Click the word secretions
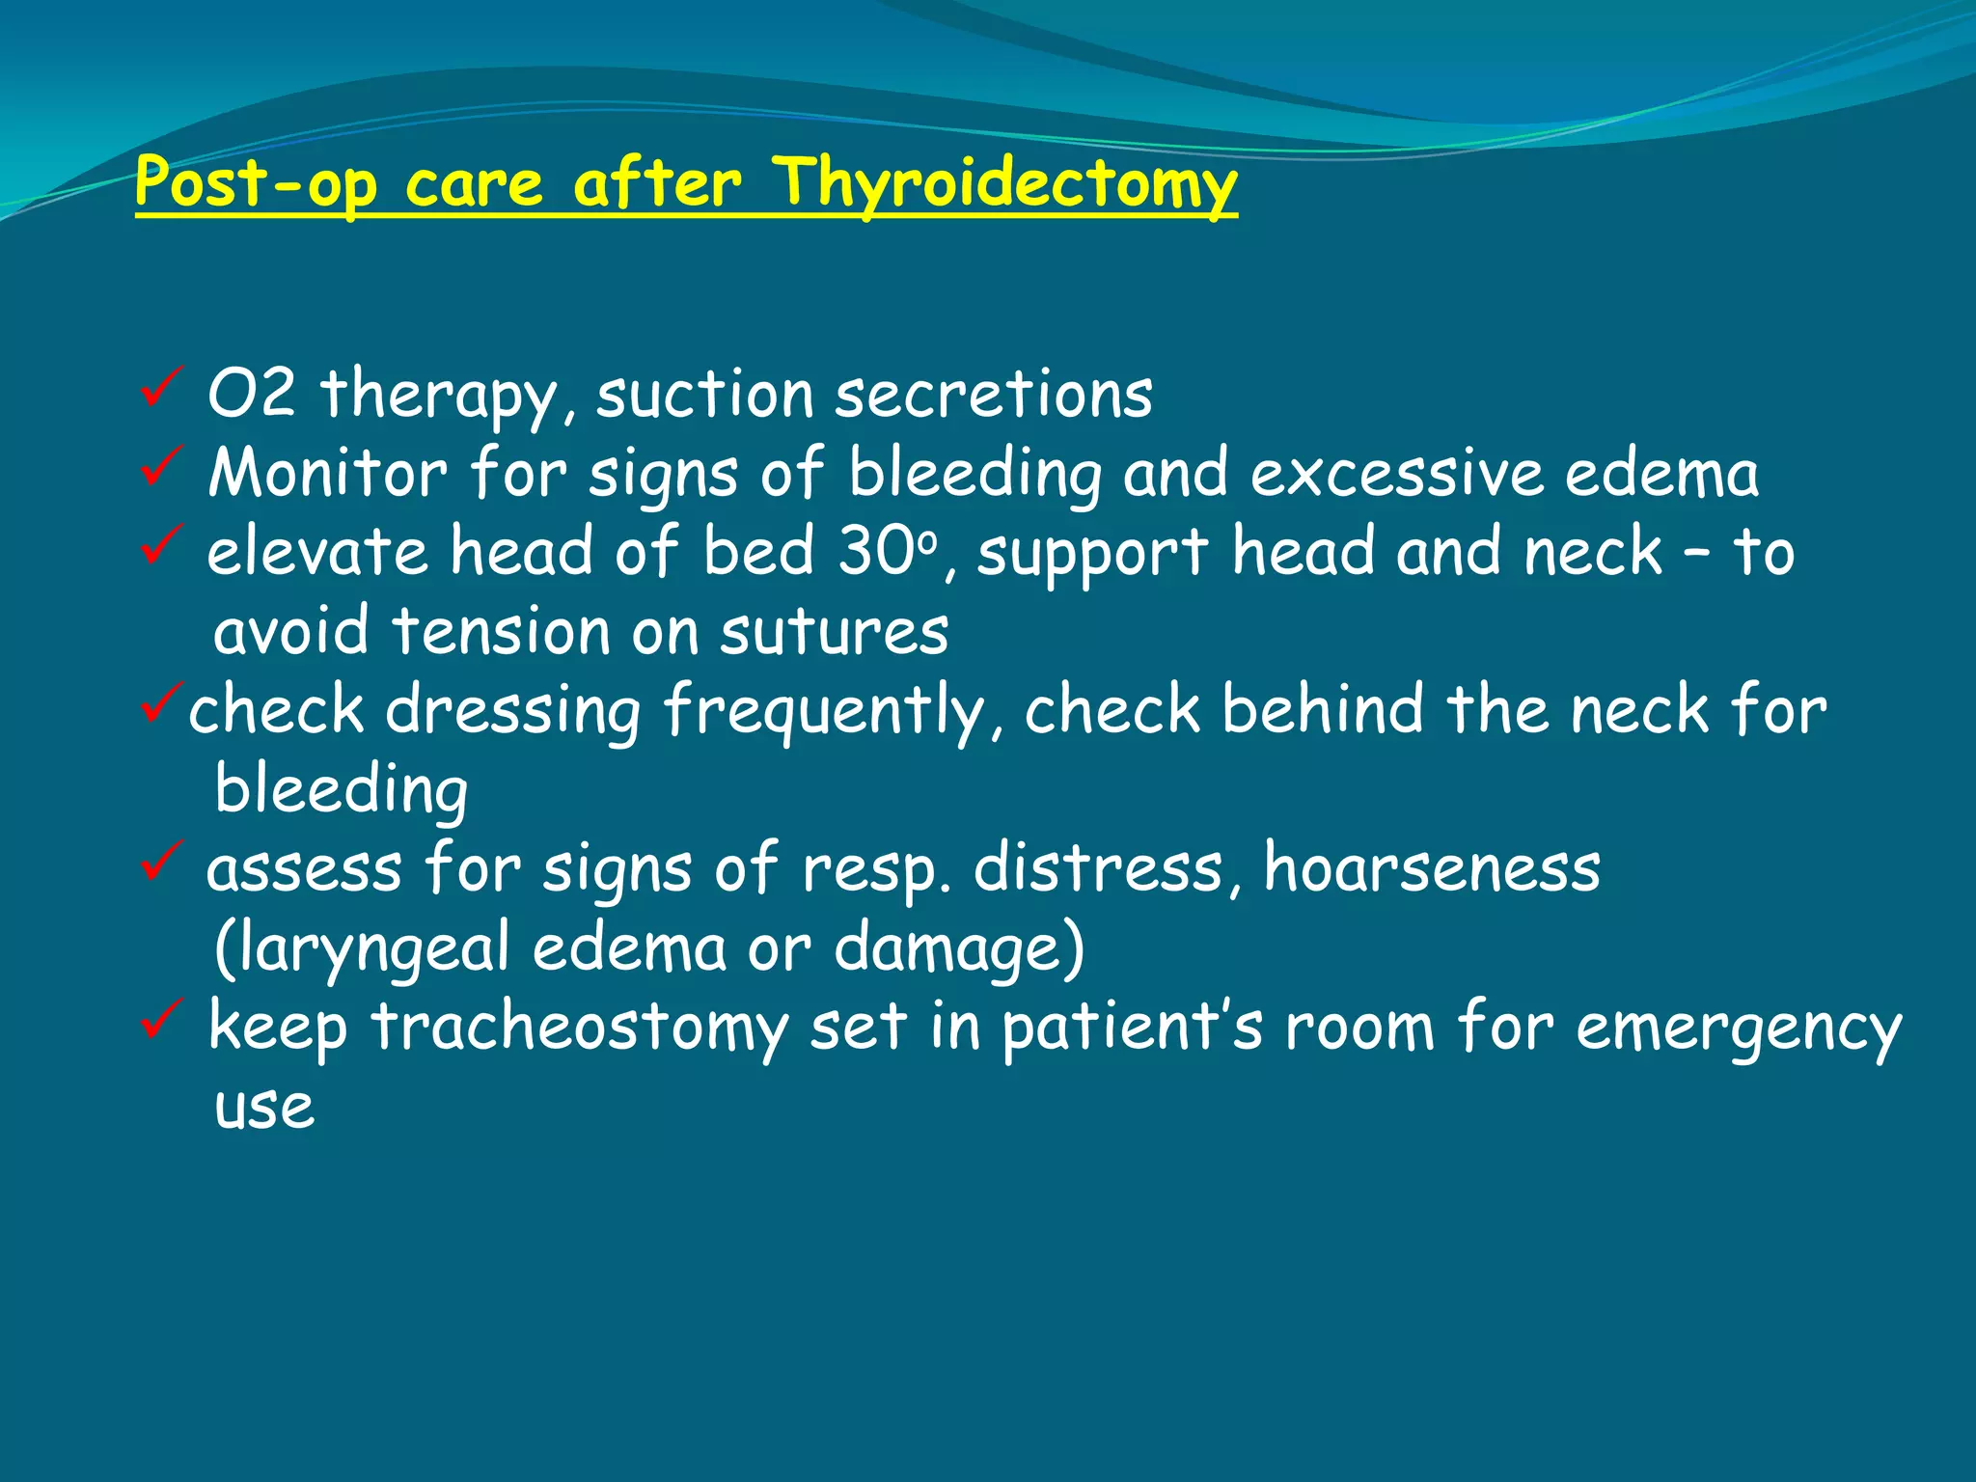coord(993,396)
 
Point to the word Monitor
coord(328,474)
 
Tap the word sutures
coord(834,632)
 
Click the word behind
coord(1322,710)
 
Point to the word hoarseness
coord(1432,867)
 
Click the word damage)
coord(959,947)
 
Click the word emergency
coord(1738,1029)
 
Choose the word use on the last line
coord(264,1106)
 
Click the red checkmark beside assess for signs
coord(160,861)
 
